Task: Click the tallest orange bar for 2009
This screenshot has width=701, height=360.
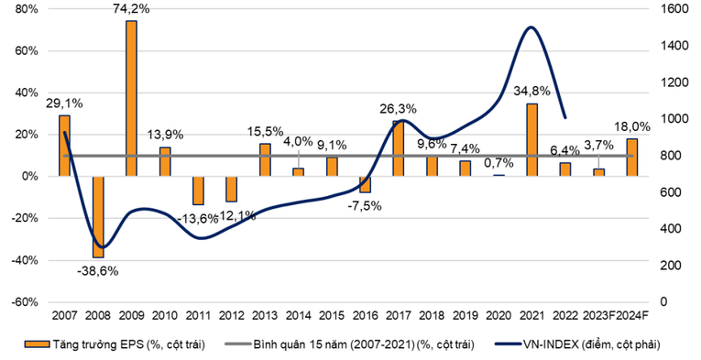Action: tap(131, 98)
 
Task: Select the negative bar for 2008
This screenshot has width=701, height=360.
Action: tap(97, 216)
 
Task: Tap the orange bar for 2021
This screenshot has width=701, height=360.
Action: tap(531, 139)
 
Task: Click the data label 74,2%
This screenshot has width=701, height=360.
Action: tap(131, 10)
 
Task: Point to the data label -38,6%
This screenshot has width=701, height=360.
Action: tap(97, 270)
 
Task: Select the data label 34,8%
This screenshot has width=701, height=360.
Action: tap(531, 92)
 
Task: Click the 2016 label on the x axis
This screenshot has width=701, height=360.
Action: tap(366, 317)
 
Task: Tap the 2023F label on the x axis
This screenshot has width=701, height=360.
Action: tap(597, 317)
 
